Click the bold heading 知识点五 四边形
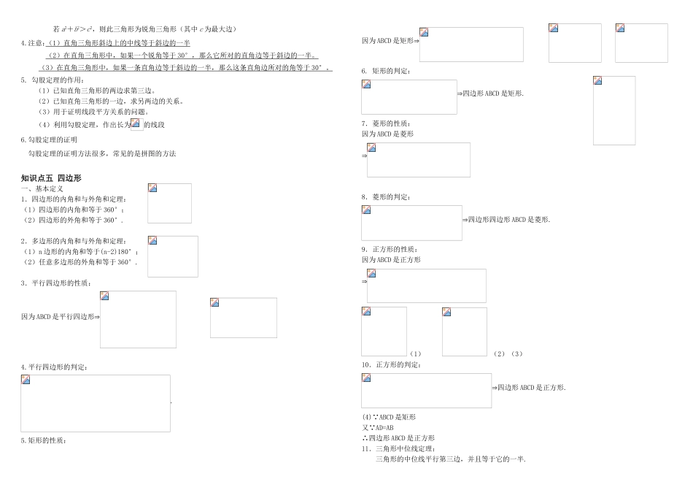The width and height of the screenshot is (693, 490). click(51, 177)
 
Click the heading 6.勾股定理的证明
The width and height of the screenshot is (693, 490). click(49, 139)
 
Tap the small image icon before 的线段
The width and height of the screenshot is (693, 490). click(136, 124)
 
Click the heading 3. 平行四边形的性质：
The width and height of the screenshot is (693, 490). click(55, 283)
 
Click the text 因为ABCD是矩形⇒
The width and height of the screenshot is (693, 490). click(390, 41)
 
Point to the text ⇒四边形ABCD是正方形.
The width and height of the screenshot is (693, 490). click(529, 388)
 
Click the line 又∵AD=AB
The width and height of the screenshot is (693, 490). click(378, 427)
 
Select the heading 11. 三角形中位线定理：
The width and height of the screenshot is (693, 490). click(398, 448)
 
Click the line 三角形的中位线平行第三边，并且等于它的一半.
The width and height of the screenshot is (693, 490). click(450, 459)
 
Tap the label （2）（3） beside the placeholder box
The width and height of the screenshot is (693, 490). click(508, 354)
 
